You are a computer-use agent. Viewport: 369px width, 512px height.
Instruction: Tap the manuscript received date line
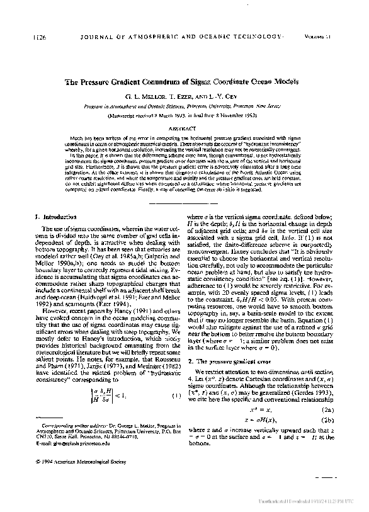183,116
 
